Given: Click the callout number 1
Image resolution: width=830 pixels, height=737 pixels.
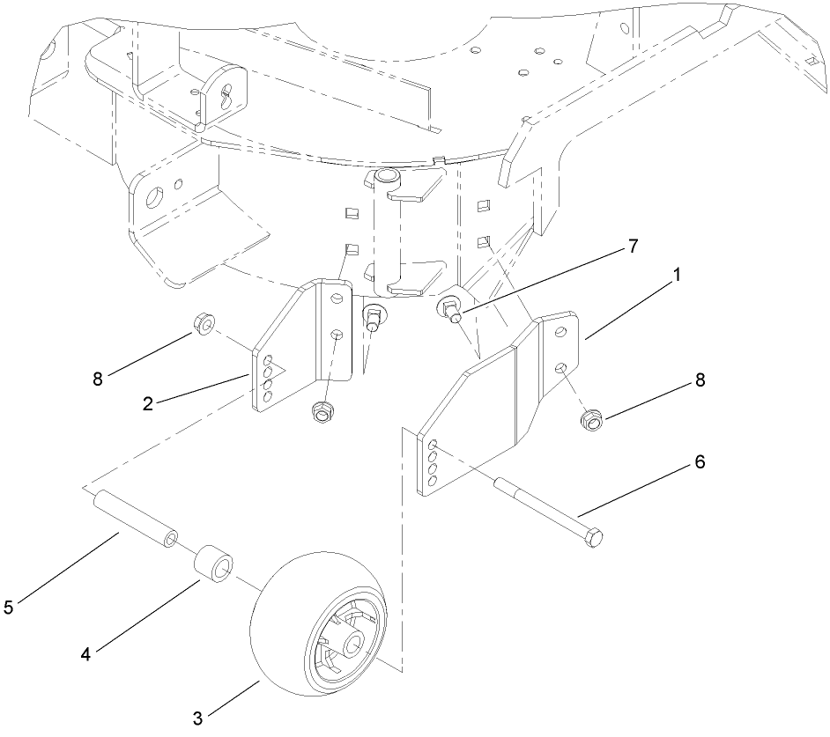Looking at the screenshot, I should (x=677, y=276).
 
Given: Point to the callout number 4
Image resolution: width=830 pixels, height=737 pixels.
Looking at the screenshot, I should (x=85, y=653).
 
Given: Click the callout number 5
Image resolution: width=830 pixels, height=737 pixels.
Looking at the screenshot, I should (x=9, y=608).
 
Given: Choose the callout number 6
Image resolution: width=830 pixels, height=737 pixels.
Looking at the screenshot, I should (x=700, y=461).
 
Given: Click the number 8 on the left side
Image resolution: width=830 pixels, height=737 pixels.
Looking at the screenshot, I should (x=98, y=379).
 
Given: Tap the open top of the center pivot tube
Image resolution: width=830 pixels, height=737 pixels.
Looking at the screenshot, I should (x=386, y=178).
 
